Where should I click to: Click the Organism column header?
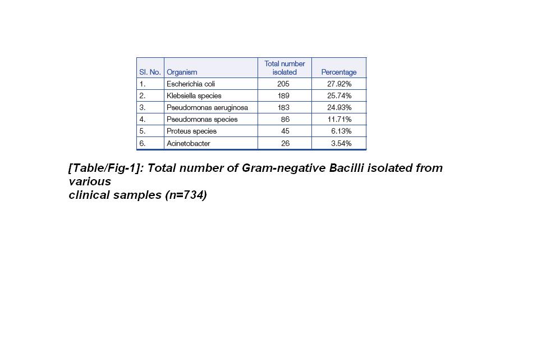click(x=182, y=72)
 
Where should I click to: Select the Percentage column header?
click(x=338, y=72)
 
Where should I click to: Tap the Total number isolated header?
click(x=284, y=68)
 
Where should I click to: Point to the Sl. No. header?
click(x=150, y=72)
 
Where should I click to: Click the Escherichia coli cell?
click(x=191, y=84)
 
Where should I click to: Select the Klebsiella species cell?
click(x=194, y=96)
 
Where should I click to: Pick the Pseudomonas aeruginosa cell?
click(x=207, y=107)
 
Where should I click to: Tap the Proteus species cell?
click(x=191, y=131)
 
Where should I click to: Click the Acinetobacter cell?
click(x=189, y=144)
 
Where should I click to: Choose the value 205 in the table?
click(x=283, y=84)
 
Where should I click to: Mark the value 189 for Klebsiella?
click(x=283, y=96)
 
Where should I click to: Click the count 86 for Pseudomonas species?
click(x=285, y=120)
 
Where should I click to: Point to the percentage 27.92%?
click(x=339, y=84)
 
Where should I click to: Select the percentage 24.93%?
click(x=339, y=107)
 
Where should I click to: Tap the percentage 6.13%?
click(x=341, y=131)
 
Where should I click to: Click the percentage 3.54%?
click(x=341, y=144)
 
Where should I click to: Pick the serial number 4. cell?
click(x=143, y=120)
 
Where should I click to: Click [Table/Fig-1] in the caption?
click(x=105, y=168)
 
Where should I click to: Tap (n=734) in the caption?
click(x=186, y=195)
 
